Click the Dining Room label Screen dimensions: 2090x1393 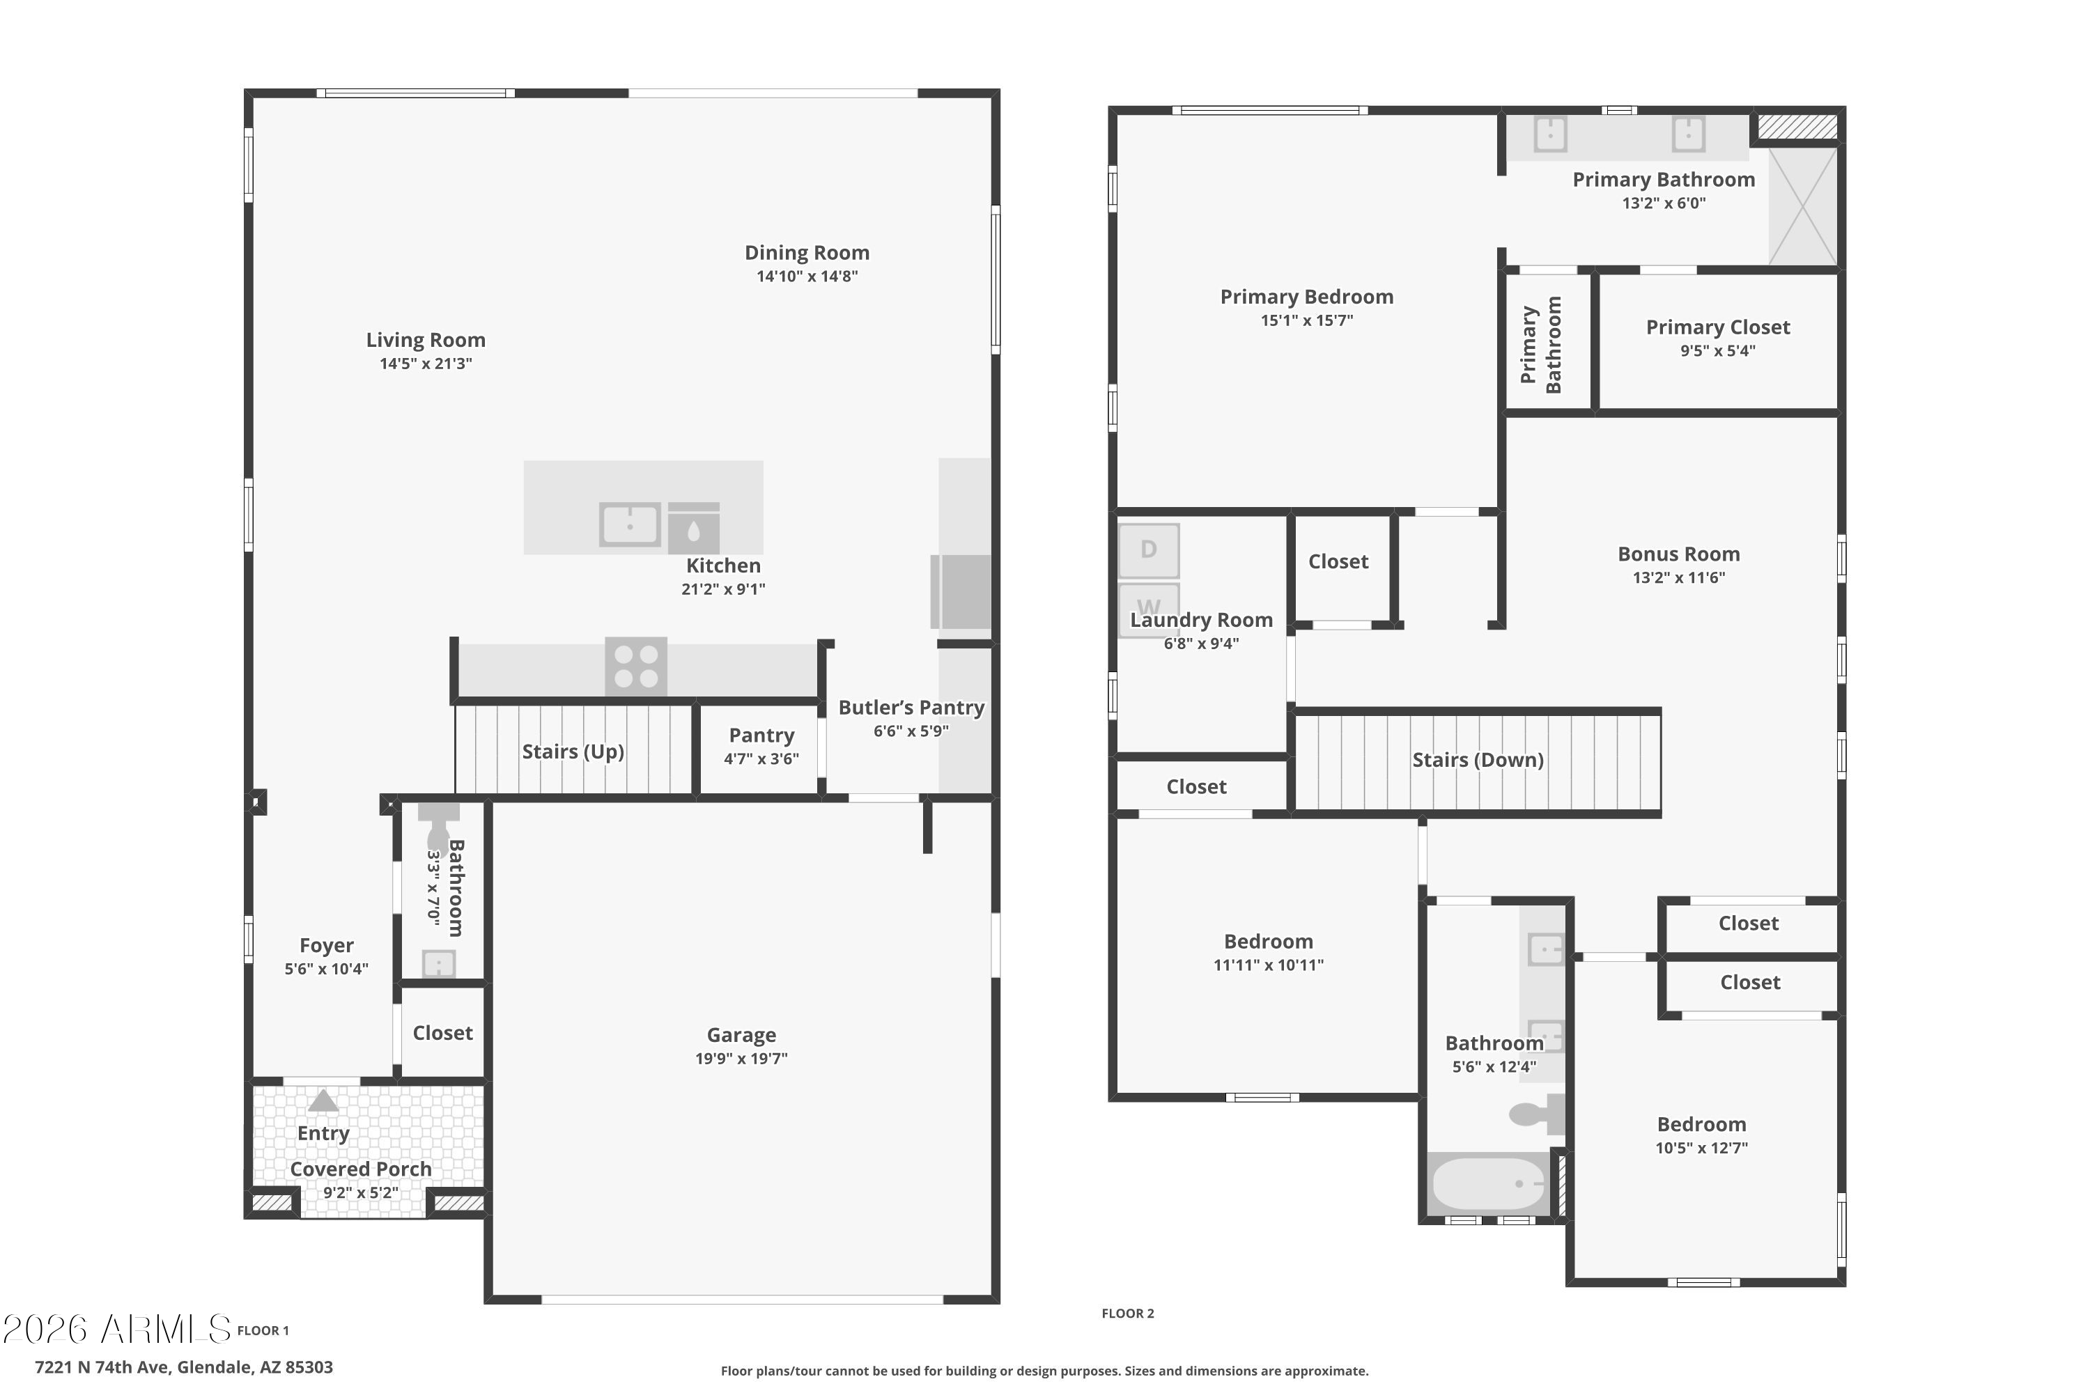coord(807,254)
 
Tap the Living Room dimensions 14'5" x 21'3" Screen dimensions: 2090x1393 coord(426,364)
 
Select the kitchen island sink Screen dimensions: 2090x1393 coord(630,524)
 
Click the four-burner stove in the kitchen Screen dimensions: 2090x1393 coord(636,667)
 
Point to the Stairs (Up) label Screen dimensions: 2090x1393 coord(573,752)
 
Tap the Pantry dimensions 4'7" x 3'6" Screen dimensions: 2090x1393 coord(761,758)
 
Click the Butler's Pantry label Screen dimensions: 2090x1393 coord(912,708)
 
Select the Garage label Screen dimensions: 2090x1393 coord(741,1035)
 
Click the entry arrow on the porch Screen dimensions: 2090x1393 coord(323,1100)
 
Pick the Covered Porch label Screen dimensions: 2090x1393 coord(361,1169)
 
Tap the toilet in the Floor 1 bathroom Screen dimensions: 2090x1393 coord(438,828)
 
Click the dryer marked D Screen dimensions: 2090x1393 coord(1149,550)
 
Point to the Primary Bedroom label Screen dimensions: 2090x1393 coord(1306,297)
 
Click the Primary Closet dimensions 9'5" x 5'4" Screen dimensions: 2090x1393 coord(1718,351)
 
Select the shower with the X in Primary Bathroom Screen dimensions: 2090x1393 coord(1803,206)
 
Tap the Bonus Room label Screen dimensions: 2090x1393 coord(1678,554)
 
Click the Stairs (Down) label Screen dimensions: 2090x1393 coord(1478,761)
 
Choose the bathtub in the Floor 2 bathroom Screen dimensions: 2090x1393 coord(1488,1184)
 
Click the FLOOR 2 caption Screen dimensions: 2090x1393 coord(1128,1314)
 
